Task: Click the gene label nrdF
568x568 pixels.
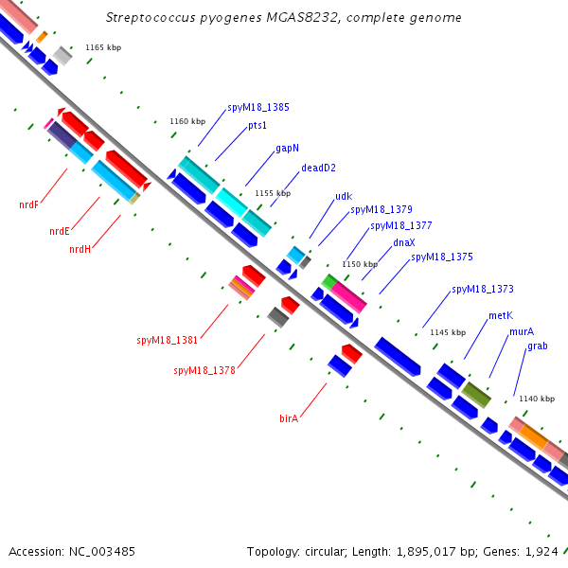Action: [x=28, y=205]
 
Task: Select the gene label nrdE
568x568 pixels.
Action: [x=60, y=231]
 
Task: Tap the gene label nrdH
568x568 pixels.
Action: [x=80, y=249]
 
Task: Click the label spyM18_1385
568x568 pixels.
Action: [x=258, y=108]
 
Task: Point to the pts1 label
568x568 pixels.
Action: [x=257, y=125]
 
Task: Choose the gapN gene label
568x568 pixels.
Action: [x=287, y=149]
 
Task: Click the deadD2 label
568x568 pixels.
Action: [x=318, y=168]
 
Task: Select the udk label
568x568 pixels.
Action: [x=344, y=196]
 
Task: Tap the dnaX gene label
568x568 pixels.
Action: [x=404, y=242]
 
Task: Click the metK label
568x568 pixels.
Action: [x=501, y=315]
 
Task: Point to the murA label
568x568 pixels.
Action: [x=522, y=331]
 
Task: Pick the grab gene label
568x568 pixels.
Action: [x=537, y=346]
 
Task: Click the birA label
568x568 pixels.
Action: [x=289, y=418]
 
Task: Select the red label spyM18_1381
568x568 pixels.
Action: [x=167, y=341]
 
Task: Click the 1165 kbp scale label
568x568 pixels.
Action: [x=103, y=47]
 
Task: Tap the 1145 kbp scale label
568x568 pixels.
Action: [x=448, y=332]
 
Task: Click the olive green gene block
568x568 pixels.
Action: [x=476, y=395]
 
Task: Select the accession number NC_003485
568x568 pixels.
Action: [x=102, y=552]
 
